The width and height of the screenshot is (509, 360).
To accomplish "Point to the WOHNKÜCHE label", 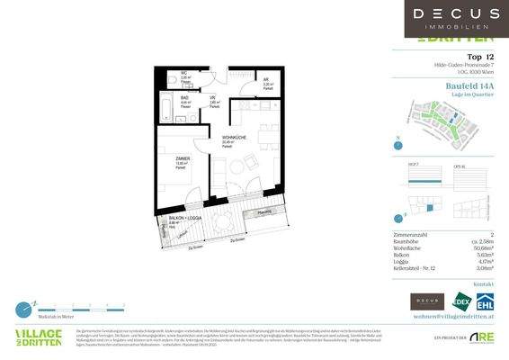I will pos(235,138).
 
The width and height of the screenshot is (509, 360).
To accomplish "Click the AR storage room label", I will pos(266,81).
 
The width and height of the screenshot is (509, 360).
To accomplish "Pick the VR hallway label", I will pos(213,100).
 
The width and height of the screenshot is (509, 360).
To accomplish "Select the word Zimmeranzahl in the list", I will pos(412,233).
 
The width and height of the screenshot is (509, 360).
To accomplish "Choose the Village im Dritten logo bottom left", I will pos(39,337).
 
